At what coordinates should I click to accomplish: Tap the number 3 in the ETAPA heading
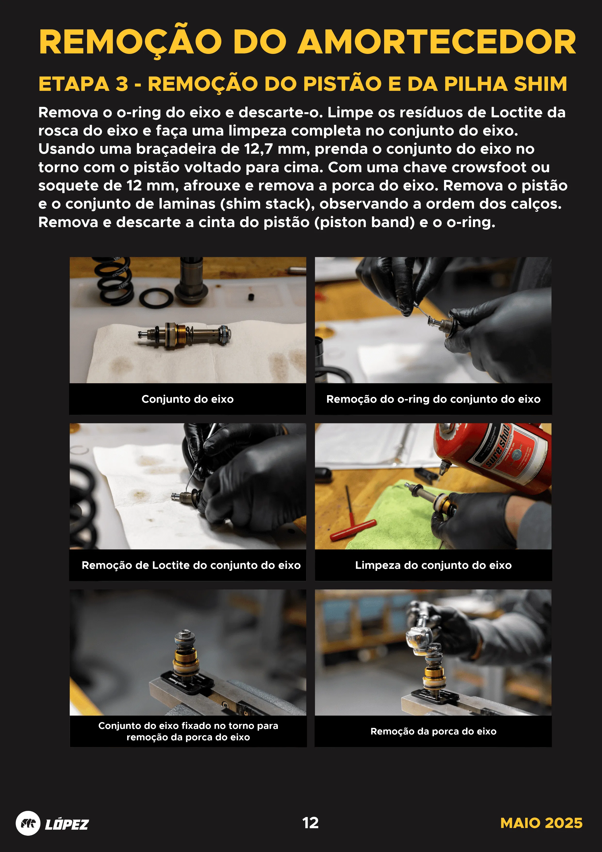click(122, 84)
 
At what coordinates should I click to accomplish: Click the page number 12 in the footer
click(310, 823)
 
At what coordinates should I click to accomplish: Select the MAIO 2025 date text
click(541, 823)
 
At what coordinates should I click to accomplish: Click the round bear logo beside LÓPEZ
click(28, 823)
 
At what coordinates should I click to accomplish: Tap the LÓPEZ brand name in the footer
click(67, 824)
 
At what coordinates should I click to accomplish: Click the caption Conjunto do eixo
click(188, 399)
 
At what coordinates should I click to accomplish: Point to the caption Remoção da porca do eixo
click(433, 731)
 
